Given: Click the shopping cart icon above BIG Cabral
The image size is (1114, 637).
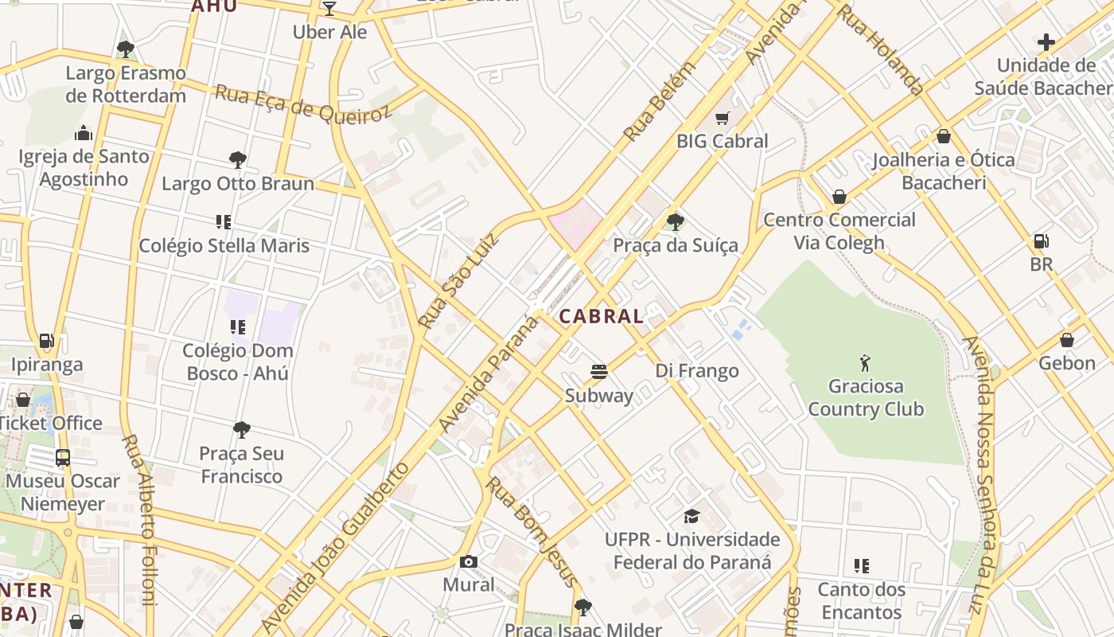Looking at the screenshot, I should (722, 119).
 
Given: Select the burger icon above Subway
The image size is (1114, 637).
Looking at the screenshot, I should (599, 372).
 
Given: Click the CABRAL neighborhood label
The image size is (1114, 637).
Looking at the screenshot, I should (601, 316).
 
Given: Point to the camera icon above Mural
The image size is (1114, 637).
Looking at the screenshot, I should (469, 561).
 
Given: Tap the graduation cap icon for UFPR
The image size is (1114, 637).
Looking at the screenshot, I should (691, 516).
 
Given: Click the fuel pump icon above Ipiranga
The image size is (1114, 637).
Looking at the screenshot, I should (47, 342).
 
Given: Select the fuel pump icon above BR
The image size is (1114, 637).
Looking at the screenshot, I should (1040, 241).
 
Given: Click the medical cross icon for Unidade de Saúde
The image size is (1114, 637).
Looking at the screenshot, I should (1046, 42).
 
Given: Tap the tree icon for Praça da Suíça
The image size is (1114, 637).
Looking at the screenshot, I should (676, 222).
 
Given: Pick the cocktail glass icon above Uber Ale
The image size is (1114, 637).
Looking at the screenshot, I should (329, 9).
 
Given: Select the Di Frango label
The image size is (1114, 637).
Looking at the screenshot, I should (697, 370).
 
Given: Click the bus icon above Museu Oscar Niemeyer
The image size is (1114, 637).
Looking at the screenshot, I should (63, 458).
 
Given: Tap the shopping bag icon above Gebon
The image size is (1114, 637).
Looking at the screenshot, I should (1067, 340).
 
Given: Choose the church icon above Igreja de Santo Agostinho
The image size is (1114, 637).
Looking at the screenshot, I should (84, 133).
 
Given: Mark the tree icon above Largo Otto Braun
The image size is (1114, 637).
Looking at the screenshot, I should (237, 160).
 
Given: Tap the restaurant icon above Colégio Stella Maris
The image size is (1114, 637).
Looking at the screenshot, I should (224, 222).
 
